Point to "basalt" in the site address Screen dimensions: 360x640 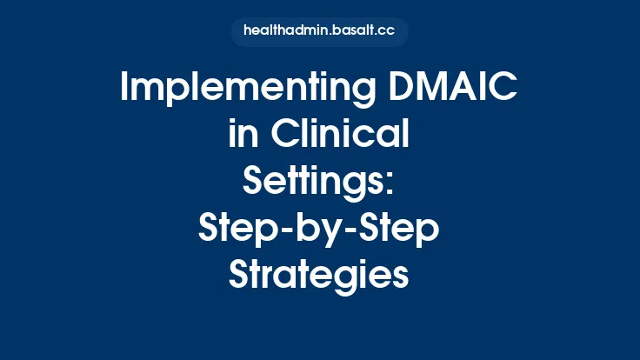click(352, 32)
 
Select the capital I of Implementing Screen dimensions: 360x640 click(125, 90)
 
